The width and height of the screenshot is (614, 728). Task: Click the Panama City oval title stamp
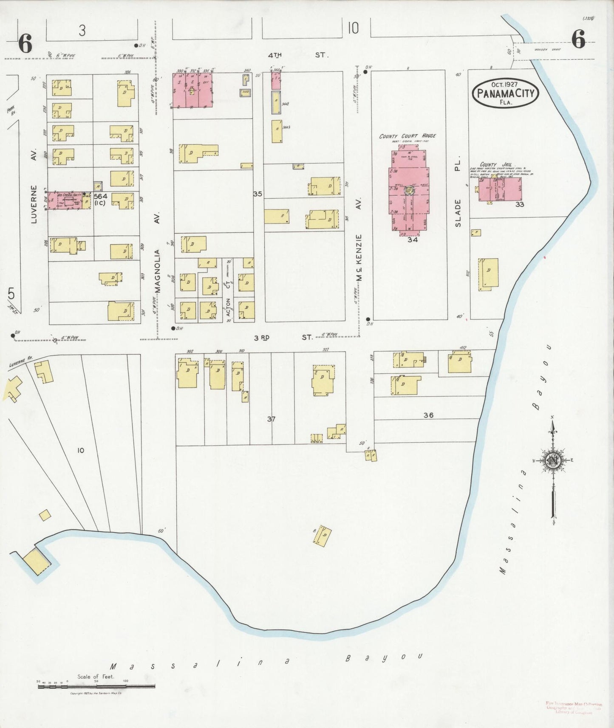pos(505,93)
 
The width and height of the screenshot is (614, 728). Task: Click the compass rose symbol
pos(553,460)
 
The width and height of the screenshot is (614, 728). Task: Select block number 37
pos(271,419)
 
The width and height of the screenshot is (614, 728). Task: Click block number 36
pos(428,415)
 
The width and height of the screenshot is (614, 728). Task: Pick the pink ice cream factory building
pos(68,200)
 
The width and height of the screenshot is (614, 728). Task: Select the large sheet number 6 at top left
pos(25,44)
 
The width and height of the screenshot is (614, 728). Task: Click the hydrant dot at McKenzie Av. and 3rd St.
pos(368,319)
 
